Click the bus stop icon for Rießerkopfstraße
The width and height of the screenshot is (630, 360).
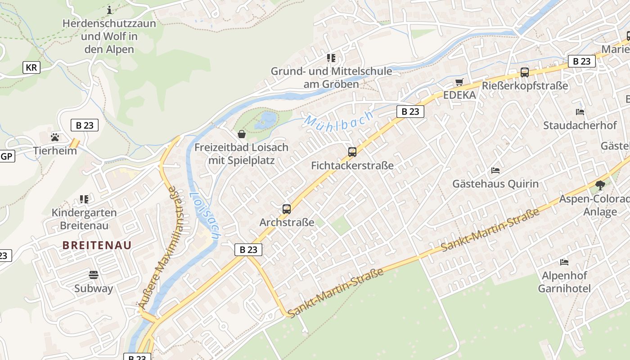click(524, 72)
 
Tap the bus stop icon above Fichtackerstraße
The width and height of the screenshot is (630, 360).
click(352, 152)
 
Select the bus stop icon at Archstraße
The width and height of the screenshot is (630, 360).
click(287, 209)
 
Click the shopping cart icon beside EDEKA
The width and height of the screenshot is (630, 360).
click(459, 82)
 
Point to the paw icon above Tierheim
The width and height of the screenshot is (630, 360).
click(55, 137)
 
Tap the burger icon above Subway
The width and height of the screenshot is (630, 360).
click(94, 274)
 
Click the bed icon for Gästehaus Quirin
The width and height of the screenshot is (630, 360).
click(495, 170)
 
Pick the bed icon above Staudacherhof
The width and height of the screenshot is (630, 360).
click(580, 112)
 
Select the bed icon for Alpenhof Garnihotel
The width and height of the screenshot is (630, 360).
click(564, 262)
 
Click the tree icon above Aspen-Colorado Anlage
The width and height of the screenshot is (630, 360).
click(600, 184)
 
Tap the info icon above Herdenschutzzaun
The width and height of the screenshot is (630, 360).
click(109, 9)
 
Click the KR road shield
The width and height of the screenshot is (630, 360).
click(31, 67)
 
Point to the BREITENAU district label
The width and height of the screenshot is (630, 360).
click(97, 245)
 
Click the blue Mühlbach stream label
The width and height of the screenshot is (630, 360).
click(339, 120)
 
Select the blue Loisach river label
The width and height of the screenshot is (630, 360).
click(204, 216)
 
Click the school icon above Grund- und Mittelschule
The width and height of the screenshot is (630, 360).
click(331, 58)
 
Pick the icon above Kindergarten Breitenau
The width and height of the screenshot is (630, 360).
click(84, 198)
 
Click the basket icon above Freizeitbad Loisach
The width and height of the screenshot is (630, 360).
click(242, 134)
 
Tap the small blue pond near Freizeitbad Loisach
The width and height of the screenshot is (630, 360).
click(266, 121)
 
